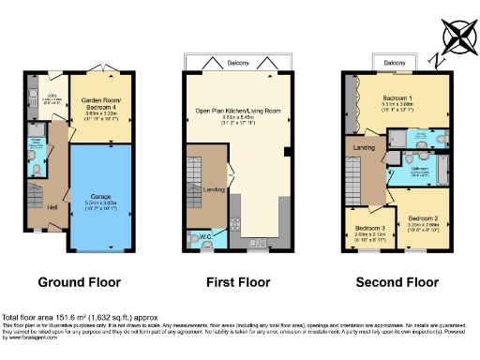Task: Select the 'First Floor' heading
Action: (x=238, y=281)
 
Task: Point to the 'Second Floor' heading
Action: (x=397, y=281)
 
